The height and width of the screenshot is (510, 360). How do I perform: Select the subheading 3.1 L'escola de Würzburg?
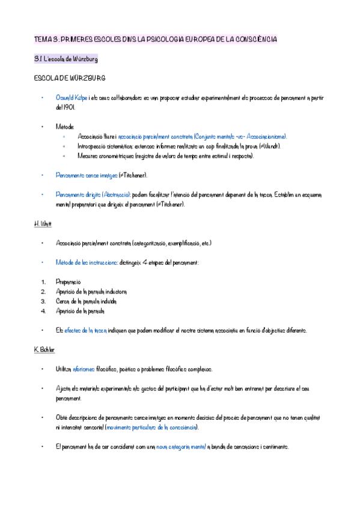click(x=66, y=60)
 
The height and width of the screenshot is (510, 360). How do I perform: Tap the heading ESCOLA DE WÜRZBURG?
click(x=71, y=78)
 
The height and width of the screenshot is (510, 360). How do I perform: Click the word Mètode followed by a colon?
click(x=65, y=127)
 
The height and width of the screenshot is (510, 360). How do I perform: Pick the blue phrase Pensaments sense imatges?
click(x=86, y=175)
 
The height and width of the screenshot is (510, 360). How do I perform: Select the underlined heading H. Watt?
click(x=43, y=224)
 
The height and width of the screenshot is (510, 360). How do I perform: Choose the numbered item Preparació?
click(x=68, y=281)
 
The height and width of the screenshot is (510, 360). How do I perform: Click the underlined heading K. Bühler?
click(x=46, y=350)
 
